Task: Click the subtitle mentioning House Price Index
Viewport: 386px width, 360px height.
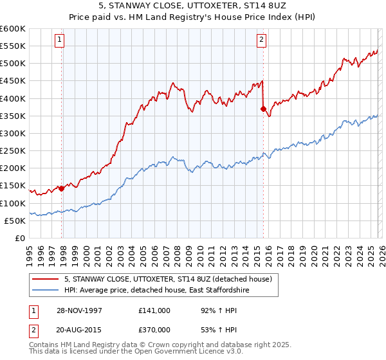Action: (193, 17)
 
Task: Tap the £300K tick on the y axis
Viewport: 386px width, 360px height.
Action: (13, 133)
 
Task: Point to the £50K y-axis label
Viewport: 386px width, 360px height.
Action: (15, 221)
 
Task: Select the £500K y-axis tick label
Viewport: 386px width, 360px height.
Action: (13, 63)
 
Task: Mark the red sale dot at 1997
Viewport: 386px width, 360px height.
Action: (62, 188)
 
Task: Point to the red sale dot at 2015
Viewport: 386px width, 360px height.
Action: (263, 109)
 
